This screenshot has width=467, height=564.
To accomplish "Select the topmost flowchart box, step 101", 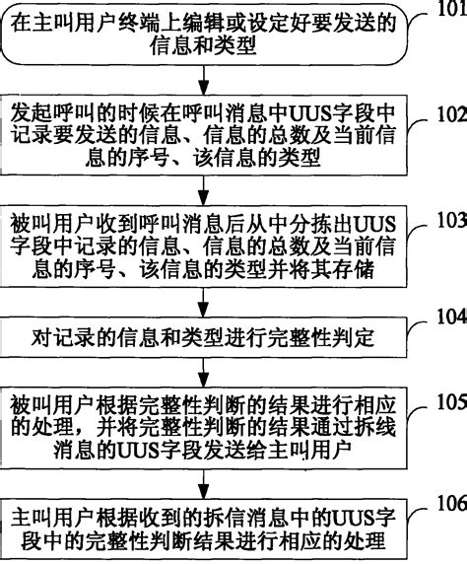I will click(x=203, y=34).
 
